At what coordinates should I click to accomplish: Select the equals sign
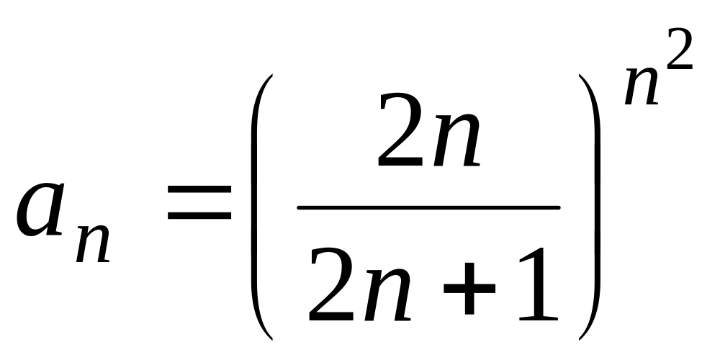[199, 202]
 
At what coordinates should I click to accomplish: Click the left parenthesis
[260, 205]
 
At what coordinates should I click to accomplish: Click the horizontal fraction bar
[428, 208]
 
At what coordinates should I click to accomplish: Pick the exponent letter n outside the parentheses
[642, 86]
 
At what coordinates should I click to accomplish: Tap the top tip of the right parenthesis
[580, 76]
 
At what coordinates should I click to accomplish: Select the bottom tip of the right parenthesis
[580, 337]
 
